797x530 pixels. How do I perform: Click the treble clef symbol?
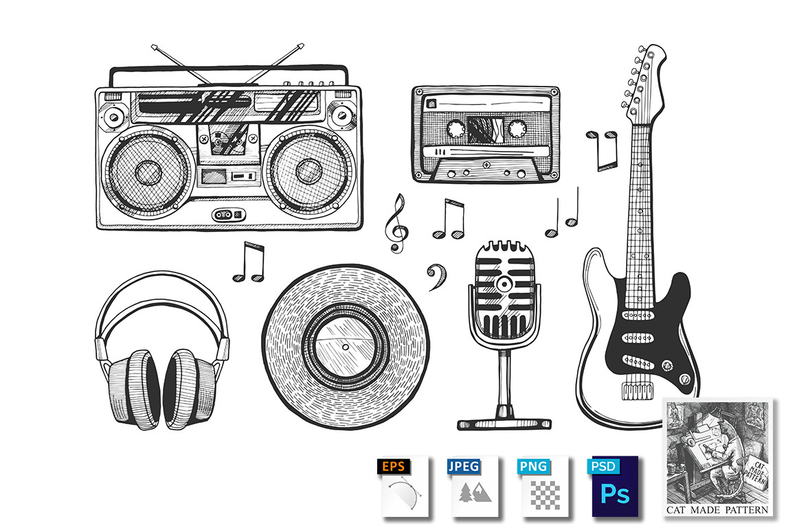click(x=397, y=223)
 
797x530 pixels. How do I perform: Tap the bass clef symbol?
click(x=437, y=277)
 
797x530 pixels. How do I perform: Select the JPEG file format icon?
click(x=473, y=487)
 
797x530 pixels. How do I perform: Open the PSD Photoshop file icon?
click(x=614, y=487)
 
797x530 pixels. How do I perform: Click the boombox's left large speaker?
click(x=148, y=171)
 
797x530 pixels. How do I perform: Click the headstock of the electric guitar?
click(x=644, y=81)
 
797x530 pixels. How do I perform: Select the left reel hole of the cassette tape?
click(x=456, y=128)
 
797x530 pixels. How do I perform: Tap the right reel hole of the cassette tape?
click(x=517, y=128)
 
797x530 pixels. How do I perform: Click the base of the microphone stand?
click(x=504, y=423)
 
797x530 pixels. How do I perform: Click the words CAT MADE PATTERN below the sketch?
click(x=717, y=509)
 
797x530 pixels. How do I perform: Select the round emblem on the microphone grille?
click(x=504, y=284)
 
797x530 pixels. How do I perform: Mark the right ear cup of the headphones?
click(x=190, y=389)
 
